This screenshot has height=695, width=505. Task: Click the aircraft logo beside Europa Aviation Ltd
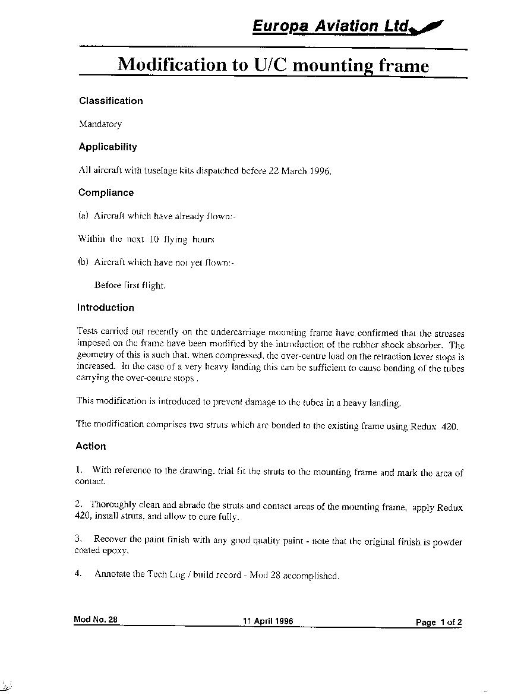[x=427, y=27]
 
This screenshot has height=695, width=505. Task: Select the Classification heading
[x=111, y=101]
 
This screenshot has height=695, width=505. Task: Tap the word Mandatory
[x=100, y=124]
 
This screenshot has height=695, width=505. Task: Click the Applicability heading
[x=108, y=147]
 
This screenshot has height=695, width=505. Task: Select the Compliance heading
[x=106, y=192]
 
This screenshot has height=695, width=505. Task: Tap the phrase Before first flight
[x=130, y=285]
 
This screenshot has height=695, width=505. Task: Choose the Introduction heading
[x=105, y=308]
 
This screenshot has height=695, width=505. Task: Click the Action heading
[x=91, y=446]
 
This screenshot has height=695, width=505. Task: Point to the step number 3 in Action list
[x=78, y=539]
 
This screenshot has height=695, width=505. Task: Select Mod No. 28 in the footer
[x=96, y=620]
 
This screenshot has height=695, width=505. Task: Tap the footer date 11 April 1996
[x=267, y=621]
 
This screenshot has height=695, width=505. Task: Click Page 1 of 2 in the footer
[x=438, y=623]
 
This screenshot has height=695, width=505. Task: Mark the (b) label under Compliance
[x=83, y=263]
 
